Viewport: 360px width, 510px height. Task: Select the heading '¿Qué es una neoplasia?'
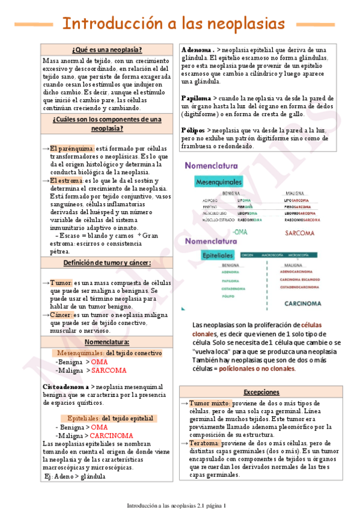click(106, 49)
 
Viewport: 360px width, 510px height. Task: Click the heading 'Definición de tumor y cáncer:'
click(106, 263)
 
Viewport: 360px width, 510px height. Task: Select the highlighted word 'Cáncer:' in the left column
click(61, 315)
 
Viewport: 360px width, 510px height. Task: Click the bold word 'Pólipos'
click(193, 130)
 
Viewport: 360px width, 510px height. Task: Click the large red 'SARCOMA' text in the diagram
click(303, 232)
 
